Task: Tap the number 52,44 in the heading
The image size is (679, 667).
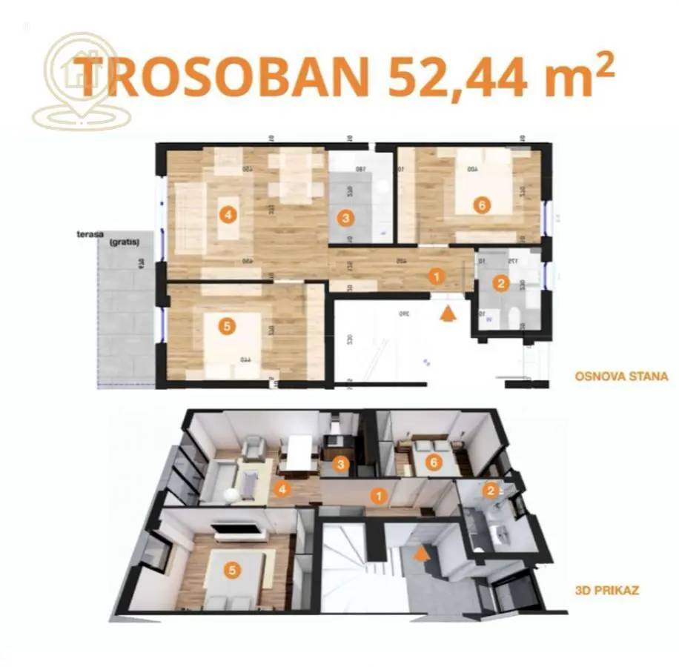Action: (451, 76)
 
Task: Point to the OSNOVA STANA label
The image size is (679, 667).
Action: (621, 376)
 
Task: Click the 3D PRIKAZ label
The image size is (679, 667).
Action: (607, 591)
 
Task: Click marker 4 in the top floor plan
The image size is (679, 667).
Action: (228, 215)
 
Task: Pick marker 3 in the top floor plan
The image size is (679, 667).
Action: (343, 218)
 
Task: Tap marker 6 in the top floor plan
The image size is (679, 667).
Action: (482, 206)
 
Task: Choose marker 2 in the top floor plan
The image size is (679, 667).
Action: (501, 282)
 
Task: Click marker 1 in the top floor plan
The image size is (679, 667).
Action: (437, 277)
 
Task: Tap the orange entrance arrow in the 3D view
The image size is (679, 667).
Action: (423, 552)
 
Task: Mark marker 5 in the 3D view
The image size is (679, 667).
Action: (233, 570)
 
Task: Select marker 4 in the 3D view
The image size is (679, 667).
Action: (280, 488)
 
